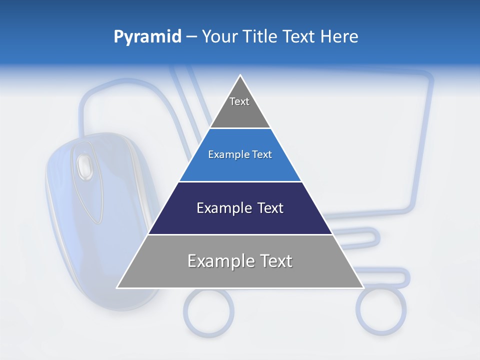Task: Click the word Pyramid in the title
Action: click(147, 37)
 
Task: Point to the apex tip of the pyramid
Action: click(240, 76)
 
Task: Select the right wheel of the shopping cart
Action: click(381, 310)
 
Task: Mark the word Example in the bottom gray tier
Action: click(214, 261)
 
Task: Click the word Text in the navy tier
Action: click(270, 208)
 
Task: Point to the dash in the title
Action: click(191, 37)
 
